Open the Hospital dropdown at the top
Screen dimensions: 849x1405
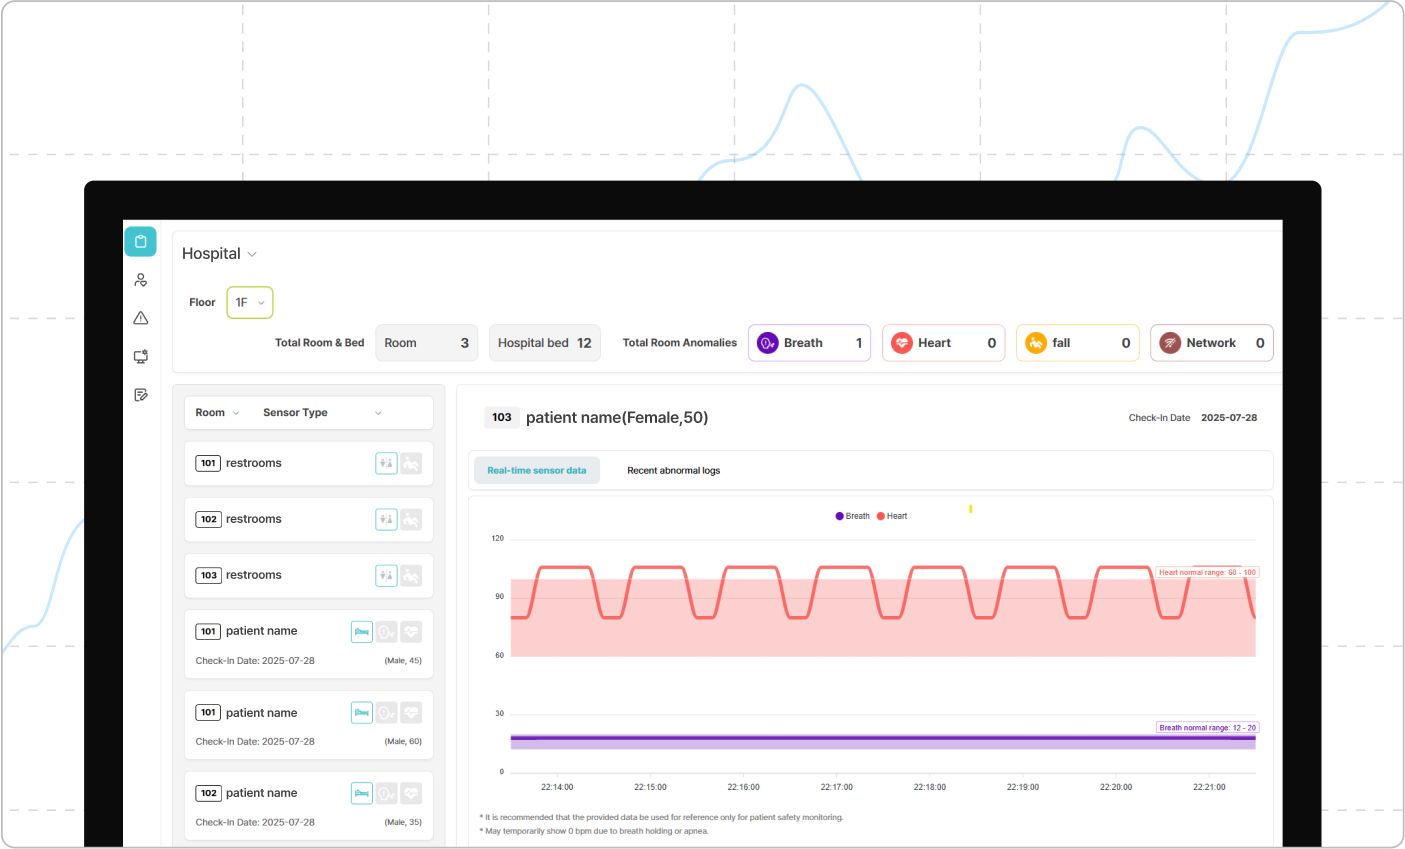[219, 254]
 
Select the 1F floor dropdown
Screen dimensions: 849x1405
[250, 302]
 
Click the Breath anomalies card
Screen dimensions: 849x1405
[809, 343]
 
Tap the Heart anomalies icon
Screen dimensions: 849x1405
[902, 343]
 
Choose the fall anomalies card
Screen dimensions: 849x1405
[1077, 343]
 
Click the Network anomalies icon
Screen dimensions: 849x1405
[1170, 343]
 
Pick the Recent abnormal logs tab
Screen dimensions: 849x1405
[673, 470]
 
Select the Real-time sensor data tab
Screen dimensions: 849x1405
[537, 470]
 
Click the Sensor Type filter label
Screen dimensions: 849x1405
[295, 413]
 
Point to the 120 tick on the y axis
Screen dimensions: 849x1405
[498, 538]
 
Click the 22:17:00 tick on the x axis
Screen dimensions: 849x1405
[836, 787]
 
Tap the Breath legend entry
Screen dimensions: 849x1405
[853, 516]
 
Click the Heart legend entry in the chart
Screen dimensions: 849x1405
[892, 516]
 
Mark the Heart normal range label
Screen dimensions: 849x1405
[1207, 572]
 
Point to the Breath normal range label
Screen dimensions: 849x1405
[1207, 728]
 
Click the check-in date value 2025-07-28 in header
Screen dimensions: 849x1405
[1229, 418]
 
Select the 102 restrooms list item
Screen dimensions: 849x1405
[308, 519]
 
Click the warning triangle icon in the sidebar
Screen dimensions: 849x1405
[141, 318]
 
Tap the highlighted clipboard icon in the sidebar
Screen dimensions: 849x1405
[141, 241]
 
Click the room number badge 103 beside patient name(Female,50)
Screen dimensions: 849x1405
[502, 418]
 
